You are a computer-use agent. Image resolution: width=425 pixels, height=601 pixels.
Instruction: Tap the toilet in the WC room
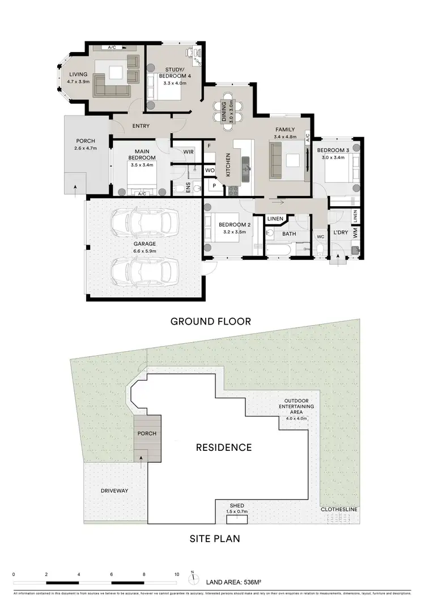[x=320, y=249]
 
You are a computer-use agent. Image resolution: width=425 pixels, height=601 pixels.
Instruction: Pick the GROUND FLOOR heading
[x=211, y=322]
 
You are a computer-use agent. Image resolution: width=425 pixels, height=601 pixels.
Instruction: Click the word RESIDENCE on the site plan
[x=223, y=447]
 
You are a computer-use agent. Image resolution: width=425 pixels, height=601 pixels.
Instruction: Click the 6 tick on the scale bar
[x=112, y=574]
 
